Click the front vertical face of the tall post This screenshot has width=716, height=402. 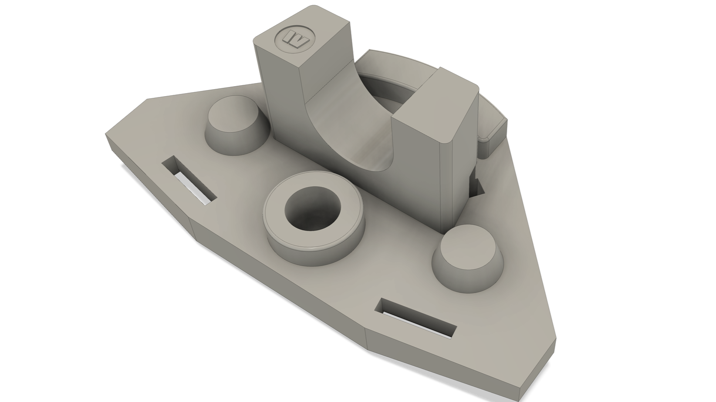281,87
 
